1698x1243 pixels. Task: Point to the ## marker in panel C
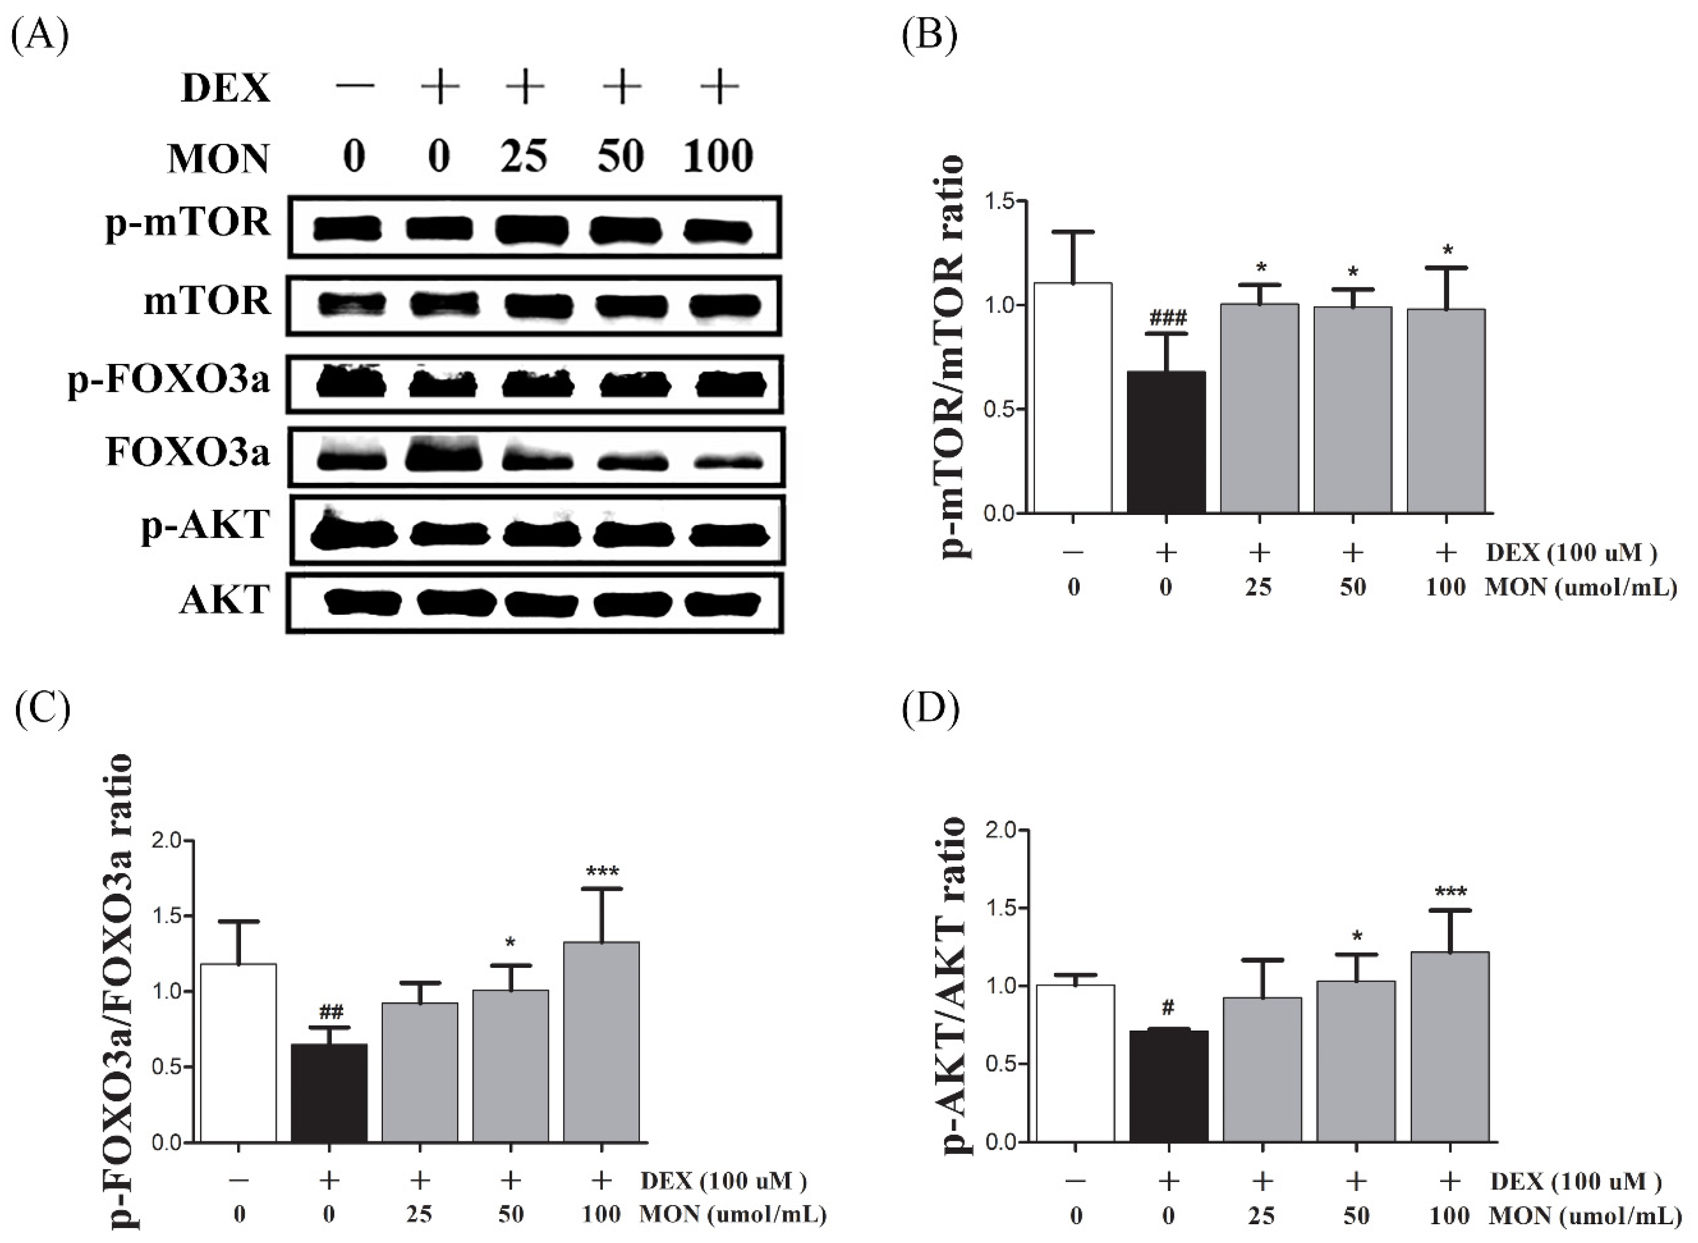(331, 1011)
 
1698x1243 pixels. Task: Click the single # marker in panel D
(1168, 1007)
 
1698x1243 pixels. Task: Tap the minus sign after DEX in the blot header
(355, 87)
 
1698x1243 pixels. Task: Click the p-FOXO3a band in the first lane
(351, 385)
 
